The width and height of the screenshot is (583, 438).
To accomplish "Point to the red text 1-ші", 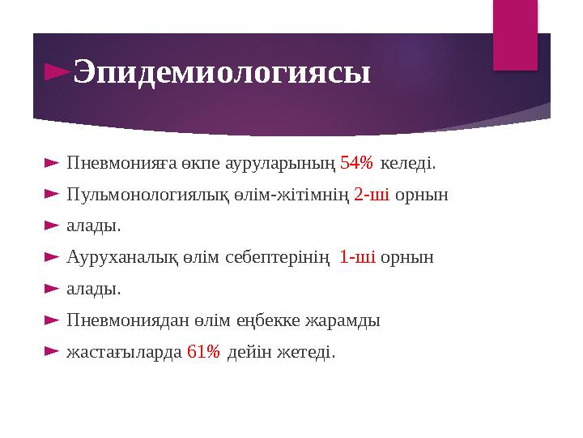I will coord(357,258).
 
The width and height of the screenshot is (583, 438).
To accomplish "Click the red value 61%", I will coord(203,352).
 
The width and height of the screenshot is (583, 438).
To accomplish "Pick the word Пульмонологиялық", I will coord(138,195).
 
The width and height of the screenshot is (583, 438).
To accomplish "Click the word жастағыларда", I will coord(124,352).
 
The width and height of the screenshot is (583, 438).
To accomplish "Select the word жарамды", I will coord(343,320).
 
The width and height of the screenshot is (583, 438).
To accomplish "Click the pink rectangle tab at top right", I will coord(515,32).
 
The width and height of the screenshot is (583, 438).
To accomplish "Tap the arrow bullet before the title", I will coord(57,73).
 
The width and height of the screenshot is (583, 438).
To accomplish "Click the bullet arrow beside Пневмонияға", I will coord(50,164).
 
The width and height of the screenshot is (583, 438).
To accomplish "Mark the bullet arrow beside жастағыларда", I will coord(50,352).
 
